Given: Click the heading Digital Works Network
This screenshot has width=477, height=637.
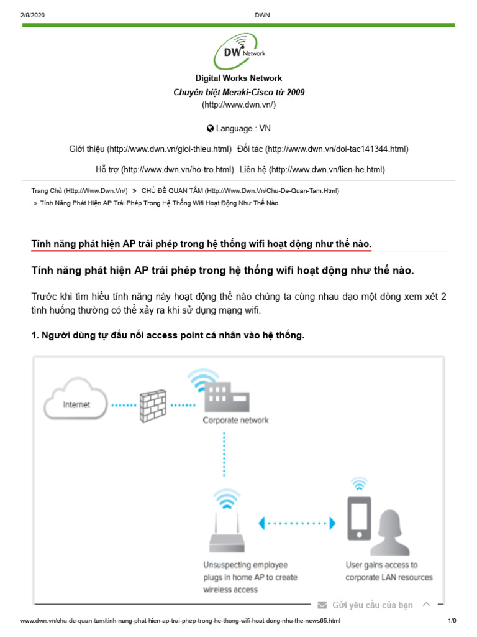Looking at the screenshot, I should [x=238, y=78].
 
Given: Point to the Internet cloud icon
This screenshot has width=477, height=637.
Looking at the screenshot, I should [x=76, y=404].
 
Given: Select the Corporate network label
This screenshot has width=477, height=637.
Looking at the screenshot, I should [x=235, y=421].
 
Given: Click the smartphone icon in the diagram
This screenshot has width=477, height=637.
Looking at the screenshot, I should [x=359, y=518].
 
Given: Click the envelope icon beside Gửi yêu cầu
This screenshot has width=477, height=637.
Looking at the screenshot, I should [x=322, y=605].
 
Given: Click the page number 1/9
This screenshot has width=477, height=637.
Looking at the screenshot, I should [x=452, y=621].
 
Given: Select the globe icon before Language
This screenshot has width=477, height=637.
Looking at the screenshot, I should [x=210, y=128].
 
